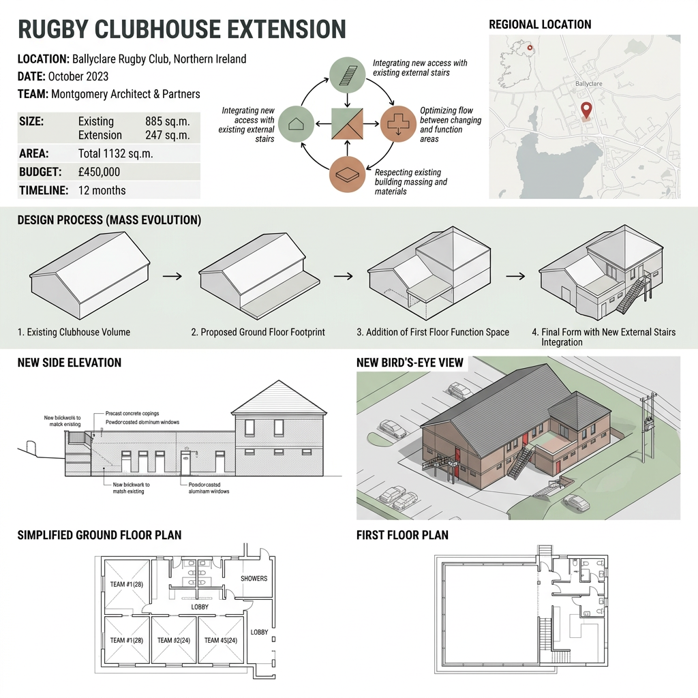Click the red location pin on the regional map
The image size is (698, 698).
click(585, 109)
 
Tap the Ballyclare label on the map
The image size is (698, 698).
click(589, 84)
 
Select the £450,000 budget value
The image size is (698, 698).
click(100, 172)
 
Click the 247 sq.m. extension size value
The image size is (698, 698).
click(168, 135)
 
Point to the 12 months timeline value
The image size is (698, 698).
click(102, 190)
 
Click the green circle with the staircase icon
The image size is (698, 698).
click(348, 75)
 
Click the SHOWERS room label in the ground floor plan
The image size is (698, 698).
click(254, 579)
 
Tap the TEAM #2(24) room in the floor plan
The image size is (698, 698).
click(174, 641)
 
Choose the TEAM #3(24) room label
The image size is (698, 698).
click(220, 641)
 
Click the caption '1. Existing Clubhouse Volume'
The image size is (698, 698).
click(74, 333)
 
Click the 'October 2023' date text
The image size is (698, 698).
click(78, 76)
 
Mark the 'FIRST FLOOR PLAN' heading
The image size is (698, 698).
click(402, 535)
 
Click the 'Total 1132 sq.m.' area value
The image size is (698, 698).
click(116, 154)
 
